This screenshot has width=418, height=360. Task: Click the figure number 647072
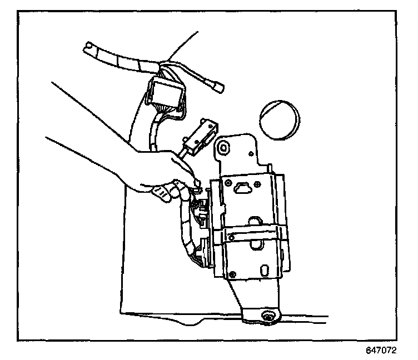point(381,351)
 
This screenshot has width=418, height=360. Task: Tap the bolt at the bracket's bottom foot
point(268,317)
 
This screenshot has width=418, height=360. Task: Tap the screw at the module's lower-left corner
point(232,273)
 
